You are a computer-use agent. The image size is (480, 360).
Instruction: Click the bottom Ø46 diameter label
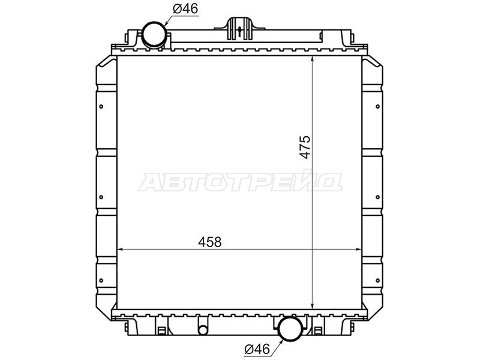[x=257, y=347]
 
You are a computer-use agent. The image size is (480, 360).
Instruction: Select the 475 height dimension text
[x=305, y=148]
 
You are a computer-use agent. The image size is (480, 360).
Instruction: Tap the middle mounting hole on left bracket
[x=101, y=197]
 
